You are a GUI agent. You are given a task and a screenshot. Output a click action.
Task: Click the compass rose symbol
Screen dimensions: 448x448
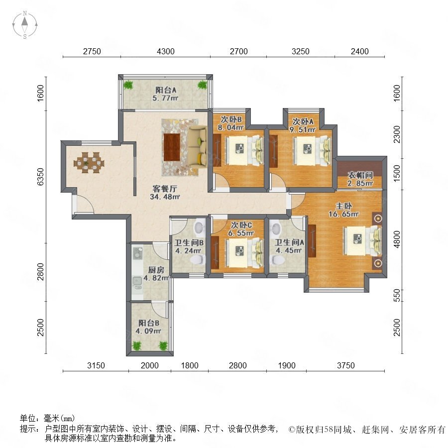click(25, 25)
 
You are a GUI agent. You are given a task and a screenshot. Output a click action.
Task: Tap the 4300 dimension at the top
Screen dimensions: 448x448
click(166, 51)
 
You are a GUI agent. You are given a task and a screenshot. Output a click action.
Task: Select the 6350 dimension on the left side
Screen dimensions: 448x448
click(41, 177)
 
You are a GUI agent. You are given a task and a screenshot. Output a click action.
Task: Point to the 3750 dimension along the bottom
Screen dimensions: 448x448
click(346, 365)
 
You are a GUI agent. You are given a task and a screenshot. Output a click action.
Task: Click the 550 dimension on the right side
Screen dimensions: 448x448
click(397, 295)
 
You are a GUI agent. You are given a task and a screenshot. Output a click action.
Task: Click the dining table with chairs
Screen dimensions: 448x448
click(89, 163)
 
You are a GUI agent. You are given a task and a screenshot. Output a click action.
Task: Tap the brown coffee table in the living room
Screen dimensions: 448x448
click(172, 147)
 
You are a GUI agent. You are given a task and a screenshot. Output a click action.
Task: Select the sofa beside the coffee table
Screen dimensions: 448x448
click(198, 147)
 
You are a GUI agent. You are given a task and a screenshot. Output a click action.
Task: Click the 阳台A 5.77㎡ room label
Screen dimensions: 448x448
click(166, 94)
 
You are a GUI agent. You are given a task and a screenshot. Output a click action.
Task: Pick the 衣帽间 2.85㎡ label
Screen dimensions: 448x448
click(360, 179)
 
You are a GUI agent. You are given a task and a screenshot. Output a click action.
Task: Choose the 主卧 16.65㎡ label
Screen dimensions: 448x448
click(343, 210)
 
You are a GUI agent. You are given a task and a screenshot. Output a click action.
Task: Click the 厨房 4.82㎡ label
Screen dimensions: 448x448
click(156, 274)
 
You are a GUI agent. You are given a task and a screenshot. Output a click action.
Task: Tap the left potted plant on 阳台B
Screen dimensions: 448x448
click(136, 346)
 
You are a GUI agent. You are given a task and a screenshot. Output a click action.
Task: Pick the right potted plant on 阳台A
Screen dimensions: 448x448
click(202, 85)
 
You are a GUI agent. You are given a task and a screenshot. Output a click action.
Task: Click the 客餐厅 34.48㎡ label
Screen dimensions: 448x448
click(165, 193)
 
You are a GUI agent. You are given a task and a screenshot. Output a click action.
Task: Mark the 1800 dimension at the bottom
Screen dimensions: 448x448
click(190, 365)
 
